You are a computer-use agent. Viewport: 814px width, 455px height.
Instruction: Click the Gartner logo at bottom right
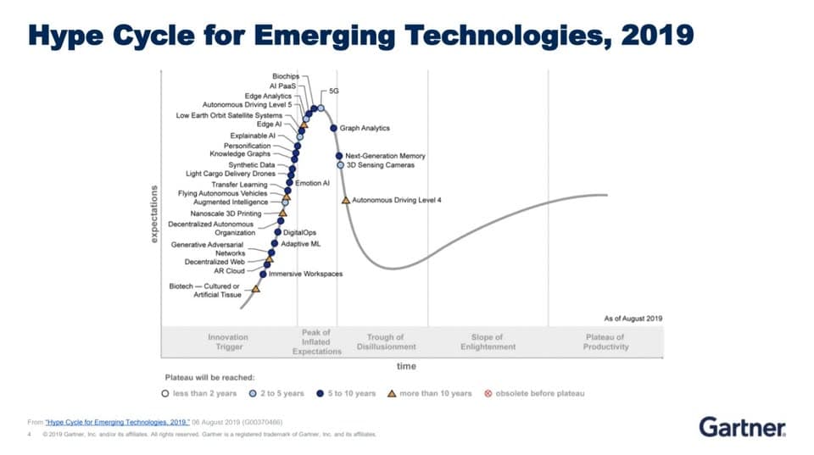click(742, 426)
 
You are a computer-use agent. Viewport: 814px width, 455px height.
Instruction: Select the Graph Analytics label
click(365, 128)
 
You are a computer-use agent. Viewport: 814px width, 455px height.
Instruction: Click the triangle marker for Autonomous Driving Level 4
click(346, 200)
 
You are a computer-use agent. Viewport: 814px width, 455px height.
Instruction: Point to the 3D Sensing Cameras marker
click(340, 165)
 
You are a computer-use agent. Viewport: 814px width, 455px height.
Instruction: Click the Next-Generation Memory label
click(385, 156)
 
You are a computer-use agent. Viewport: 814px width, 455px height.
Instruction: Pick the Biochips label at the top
click(286, 77)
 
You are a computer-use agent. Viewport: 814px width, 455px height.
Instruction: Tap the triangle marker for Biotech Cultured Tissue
click(255, 289)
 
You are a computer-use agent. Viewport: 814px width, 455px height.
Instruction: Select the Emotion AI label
click(312, 183)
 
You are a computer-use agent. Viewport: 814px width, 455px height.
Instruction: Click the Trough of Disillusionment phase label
click(386, 342)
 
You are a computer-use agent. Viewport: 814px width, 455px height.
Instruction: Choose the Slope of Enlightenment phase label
click(488, 342)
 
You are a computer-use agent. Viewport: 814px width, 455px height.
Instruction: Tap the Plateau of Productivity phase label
click(605, 342)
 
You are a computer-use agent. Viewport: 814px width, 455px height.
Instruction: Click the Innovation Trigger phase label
click(229, 342)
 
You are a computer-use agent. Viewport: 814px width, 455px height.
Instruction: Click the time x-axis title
click(406, 366)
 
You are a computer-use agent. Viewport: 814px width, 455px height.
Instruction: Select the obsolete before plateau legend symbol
click(488, 393)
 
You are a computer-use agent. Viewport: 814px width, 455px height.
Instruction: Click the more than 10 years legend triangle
click(392, 393)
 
